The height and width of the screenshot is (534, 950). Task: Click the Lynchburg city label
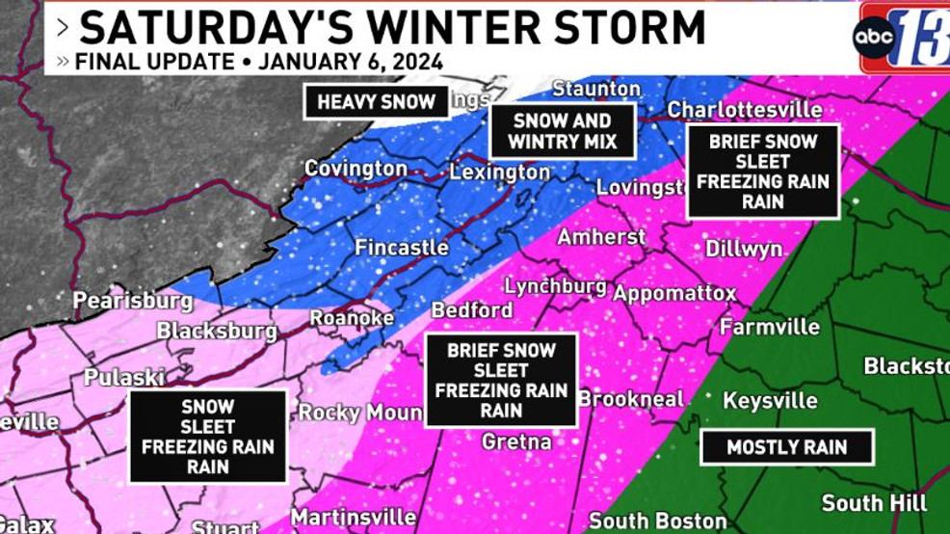click(556, 286)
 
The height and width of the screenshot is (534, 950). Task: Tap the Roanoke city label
click(352, 317)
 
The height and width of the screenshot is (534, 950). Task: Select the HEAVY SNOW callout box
click(376, 101)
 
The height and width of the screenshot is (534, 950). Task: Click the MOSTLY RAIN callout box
click(787, 447)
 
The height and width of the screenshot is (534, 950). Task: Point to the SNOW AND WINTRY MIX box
click(563, 132)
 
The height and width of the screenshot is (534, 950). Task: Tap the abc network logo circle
click(875, 38)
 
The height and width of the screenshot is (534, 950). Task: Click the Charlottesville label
click(745, 109)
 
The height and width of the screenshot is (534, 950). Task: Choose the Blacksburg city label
click(217, 332)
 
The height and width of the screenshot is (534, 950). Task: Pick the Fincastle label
click(402, 248)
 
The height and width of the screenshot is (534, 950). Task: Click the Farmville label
click(770, 327)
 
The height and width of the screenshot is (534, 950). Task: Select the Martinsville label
click(354, 518)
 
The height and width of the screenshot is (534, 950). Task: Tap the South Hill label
click(874, 503)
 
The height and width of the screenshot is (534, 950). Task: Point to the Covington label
click(356, 169)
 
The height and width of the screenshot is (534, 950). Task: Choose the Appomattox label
click(674, 293)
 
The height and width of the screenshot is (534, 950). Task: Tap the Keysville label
click(770, 400)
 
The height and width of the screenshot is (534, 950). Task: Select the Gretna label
click(516, 441)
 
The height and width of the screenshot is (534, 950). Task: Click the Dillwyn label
click(744, 249)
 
